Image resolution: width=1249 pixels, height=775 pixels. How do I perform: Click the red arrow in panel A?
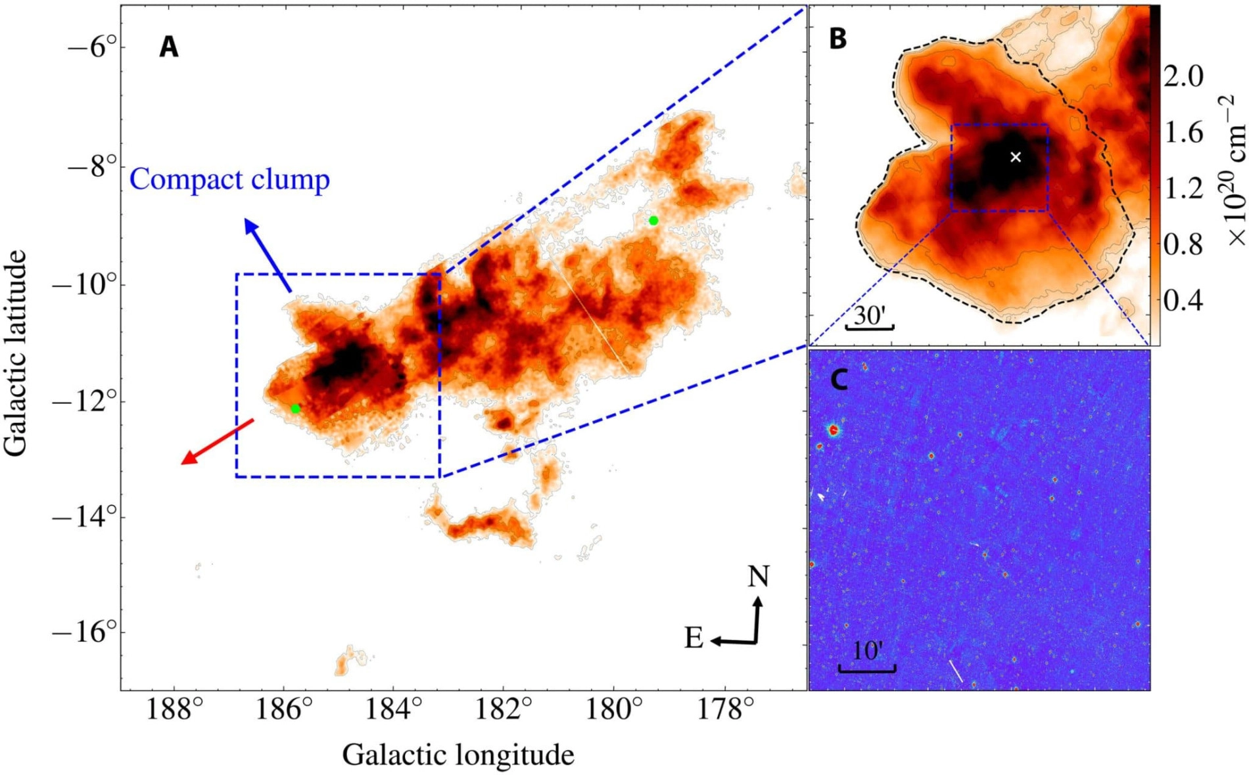click(x=217, y=441)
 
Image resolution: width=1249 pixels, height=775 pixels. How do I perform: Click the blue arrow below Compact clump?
click(x=268, y=255)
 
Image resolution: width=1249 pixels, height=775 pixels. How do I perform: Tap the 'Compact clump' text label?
click(x=229, y=179)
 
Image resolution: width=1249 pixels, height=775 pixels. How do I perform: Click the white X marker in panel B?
click(x=1016, y=157)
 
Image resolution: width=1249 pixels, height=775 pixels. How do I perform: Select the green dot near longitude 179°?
click(x=653, y=221)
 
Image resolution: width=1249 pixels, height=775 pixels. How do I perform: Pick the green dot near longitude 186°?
click(x=296, y=409)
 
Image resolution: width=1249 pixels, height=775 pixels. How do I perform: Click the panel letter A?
click(x=169, y=47)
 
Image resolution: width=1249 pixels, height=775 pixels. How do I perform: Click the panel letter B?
click(x=837, y=39)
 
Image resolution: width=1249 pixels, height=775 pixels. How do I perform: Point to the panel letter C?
click(x=839, y=380)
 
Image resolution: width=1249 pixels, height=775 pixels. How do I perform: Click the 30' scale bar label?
click(x=870, y=316)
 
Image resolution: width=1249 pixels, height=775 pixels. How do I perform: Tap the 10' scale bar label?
click(x=868, y=651)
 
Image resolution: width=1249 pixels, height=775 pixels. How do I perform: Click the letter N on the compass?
click(x=758, y=577)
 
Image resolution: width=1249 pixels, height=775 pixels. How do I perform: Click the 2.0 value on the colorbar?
click(x=1183, y=76)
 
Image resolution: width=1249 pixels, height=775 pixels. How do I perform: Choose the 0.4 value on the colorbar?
click(x=1183, y=301)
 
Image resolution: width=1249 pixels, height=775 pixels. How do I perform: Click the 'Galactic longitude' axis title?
click(x=458, y=755)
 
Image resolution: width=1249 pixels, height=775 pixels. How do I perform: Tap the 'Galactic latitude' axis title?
click(x=16, y=352)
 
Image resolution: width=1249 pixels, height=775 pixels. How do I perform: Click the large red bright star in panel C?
click(x=834, y=430)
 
